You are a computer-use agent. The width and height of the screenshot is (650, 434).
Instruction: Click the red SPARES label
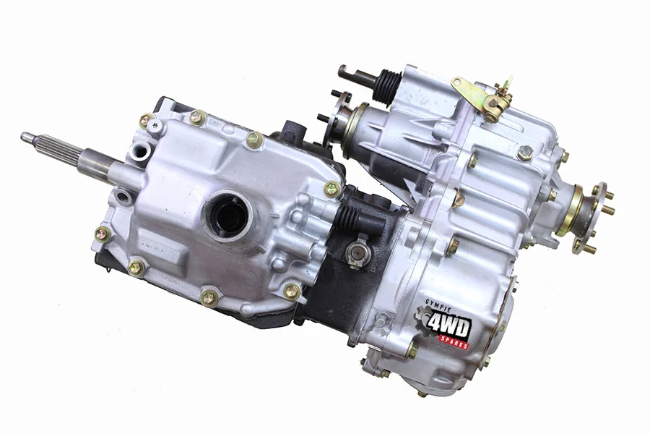(454, 343)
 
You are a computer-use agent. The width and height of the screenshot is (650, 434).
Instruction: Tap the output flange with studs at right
(588, 218)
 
